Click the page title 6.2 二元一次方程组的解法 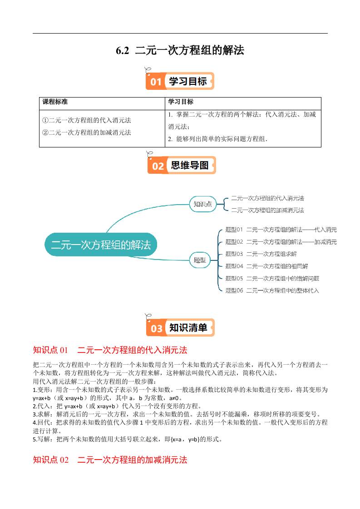click(x=180, y=50)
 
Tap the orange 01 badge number click(x=156, y=82)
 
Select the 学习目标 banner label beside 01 click(x=187, y=82)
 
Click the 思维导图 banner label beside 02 click(x=189, y=166)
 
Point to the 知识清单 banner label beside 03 click(x=188, y=328)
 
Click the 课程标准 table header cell click(x=55, y=102)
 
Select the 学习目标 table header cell click(x=181, y=102)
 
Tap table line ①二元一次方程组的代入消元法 click(x=86, y=121)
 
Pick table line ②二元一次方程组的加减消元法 click(x=86, y=132)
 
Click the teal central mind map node click(x=100, y=245)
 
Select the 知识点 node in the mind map click(x=202, y=204)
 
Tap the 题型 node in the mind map click(x=200, y=260)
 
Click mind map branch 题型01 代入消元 click(x=281, y=230)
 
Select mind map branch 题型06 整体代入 click(x=272, y=290)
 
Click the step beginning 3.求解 click(x=177, y=414)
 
